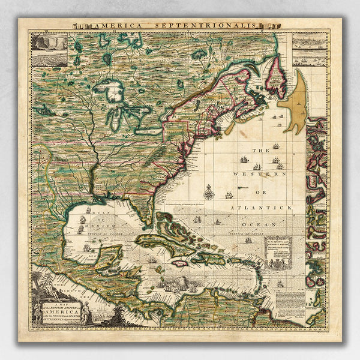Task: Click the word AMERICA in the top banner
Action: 112,25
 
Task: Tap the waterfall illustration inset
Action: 49,43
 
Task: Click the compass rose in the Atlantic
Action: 209,192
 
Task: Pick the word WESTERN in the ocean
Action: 261,174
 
